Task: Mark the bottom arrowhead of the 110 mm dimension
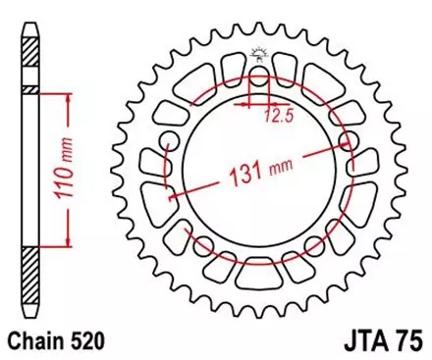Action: point(67,246)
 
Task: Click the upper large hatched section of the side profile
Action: point(31,60)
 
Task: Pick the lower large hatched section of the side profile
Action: point(31,280)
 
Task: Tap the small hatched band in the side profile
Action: point(31,89)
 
